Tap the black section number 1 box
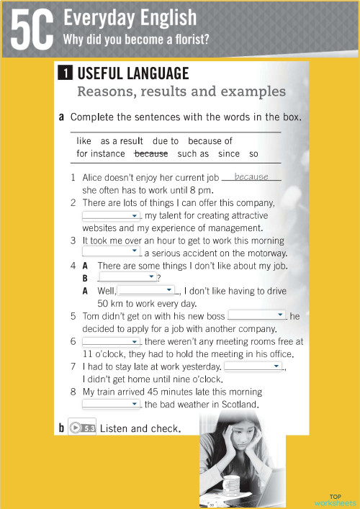pyautogui.click(x=65, y=73)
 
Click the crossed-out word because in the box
pyautogui.click(x=151, y=153)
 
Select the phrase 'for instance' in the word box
pyautogui.click(x=101, y=153)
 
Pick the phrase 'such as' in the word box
pyautogui.click(x=193, y=153)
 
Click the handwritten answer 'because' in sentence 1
pyautogui.click(x=251, y=176)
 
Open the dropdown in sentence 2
pyautogui.click(x=111, y=215)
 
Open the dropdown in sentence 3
pyautogui.click(x=111, y=251)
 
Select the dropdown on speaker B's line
pyautogui.click(x=127, y=277)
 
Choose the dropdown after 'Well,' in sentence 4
pyautogui.click(x=147, y=290)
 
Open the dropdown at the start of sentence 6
pyautogui.click(x=111, y=341)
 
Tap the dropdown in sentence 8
pyautogui.click(x=111, y=404)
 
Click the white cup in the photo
pyautogui.click(x=232, y=489)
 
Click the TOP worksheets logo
pyautogui.click(x=336, y=500)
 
